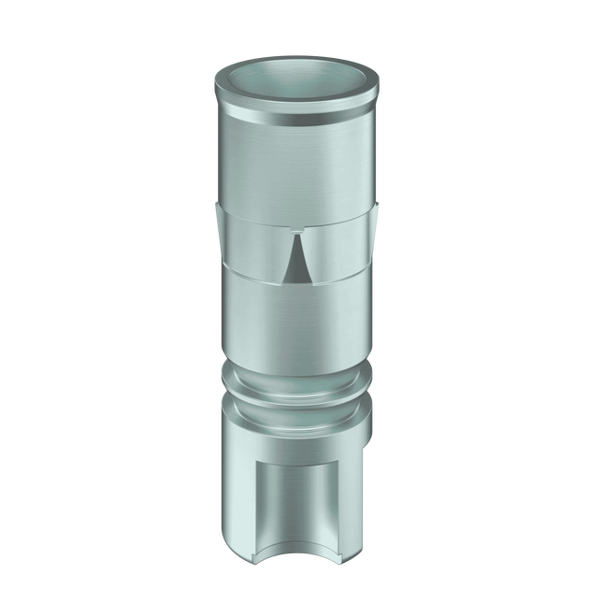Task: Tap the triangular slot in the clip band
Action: coord(295,264)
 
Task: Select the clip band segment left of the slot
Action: coord(248,252)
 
